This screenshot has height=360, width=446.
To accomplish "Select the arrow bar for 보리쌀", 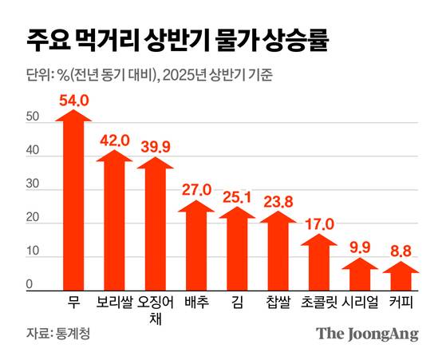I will (x=114, y=224).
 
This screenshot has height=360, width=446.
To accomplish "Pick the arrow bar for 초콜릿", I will (x=318, y=263).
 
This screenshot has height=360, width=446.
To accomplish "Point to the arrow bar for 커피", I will (x=401, y=277).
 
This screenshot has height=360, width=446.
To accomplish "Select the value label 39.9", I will (x=155, y=145).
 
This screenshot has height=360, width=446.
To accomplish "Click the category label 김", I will (x=236, y=303).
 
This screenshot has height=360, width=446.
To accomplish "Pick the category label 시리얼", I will (x=360, y=303).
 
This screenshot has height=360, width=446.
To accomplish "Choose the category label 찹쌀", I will (x=278, y=303).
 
